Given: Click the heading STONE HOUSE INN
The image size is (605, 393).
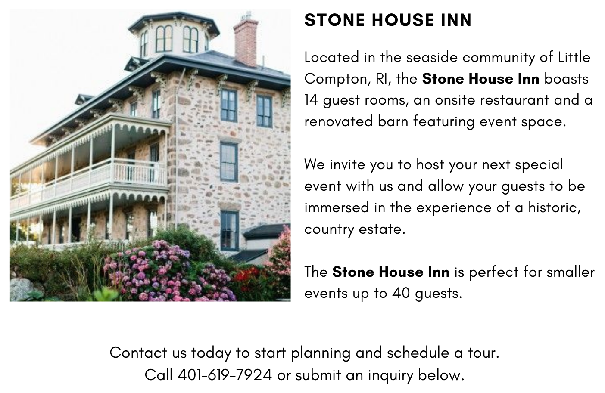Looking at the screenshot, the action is (388, 20).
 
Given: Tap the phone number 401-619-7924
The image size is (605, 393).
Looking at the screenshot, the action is (225, 375).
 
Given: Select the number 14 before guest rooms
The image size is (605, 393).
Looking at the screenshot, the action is (311, 100).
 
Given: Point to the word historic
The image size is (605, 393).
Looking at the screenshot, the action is (554, 208).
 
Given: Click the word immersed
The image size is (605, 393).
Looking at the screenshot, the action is (337, 207).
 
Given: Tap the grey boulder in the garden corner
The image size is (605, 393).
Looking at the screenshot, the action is (26, 289).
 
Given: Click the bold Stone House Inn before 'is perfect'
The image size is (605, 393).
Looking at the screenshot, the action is (391, 272).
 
